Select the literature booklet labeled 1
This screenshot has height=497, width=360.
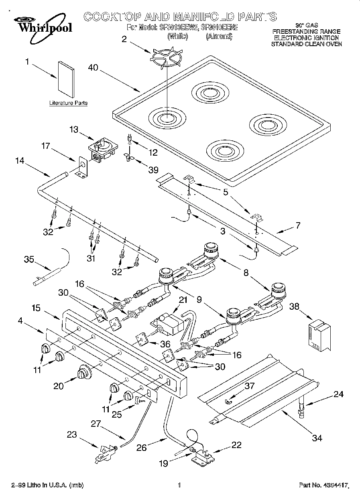coord(66,80)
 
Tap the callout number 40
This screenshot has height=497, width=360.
coord(93,68)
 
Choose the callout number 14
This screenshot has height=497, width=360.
coord(20,160)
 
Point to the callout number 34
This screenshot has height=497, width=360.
coord(317,438)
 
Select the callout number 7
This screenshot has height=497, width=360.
coord(297,225)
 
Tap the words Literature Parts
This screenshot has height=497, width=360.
coord(68,103)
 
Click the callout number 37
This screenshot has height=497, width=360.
coord(250,386)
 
